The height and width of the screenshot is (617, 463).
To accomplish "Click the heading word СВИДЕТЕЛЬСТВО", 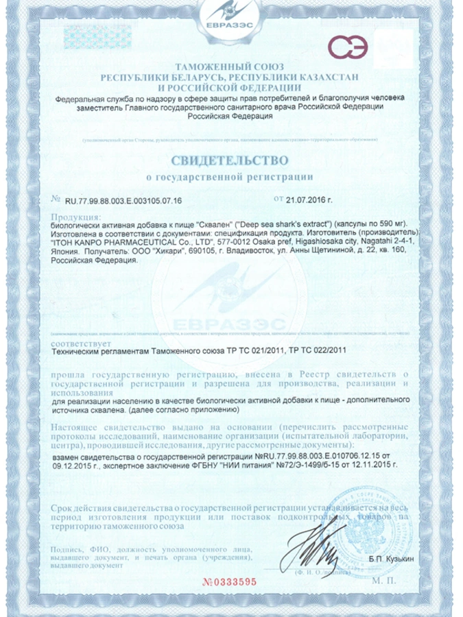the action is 231,162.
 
